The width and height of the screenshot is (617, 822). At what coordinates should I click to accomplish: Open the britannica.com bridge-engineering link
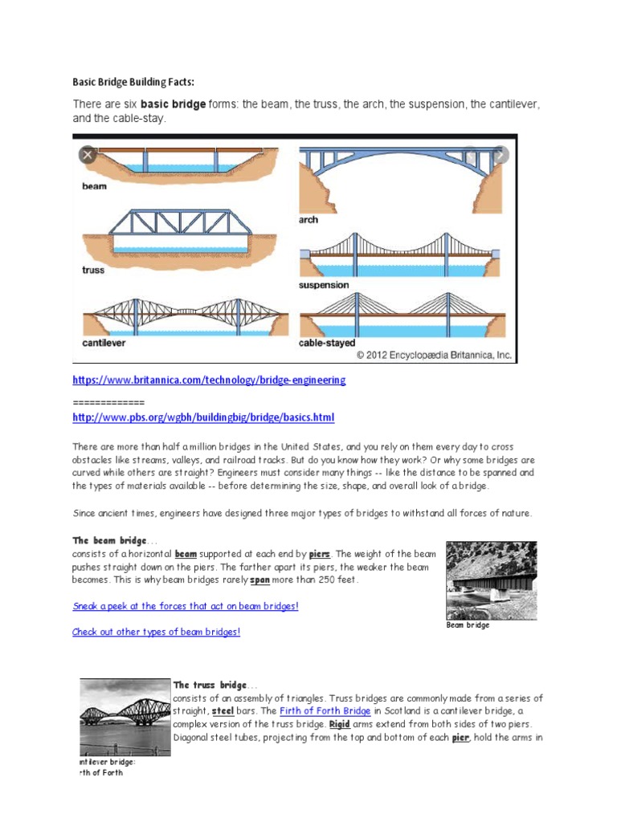(x=209, y=380)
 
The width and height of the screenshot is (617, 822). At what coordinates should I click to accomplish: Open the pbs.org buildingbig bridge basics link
(x=202, y=417)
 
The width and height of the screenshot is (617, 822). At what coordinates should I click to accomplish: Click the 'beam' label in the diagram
(x=95, y=185)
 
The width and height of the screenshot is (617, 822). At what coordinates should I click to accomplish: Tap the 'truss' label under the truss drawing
(x=94, y=270)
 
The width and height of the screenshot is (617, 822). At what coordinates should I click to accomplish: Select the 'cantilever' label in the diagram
(x=104, y=343)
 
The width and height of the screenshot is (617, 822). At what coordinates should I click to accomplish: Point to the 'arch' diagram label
(x=308, y=219)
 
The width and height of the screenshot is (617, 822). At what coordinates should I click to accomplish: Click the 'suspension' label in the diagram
(x=324, y=285)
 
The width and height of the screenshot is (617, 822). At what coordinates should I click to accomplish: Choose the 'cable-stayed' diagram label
(x=327, y=343)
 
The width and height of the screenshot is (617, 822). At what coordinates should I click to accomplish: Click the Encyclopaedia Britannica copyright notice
(x=434, y=354)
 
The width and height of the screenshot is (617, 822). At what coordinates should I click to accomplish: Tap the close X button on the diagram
(x=87, y=155)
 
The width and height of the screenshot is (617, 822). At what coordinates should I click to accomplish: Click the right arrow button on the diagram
(x=500, y=155)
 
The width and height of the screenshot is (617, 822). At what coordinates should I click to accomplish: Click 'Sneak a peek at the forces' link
(x=186, y=606)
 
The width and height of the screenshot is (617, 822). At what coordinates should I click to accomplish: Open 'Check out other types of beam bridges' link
(x=156, y=632)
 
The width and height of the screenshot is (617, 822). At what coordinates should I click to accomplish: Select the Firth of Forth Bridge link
(x=325, y=711)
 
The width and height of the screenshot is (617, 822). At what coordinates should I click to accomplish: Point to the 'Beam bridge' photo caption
(x=468, y=625)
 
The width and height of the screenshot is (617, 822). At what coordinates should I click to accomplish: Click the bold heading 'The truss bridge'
(x=210, y=685)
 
